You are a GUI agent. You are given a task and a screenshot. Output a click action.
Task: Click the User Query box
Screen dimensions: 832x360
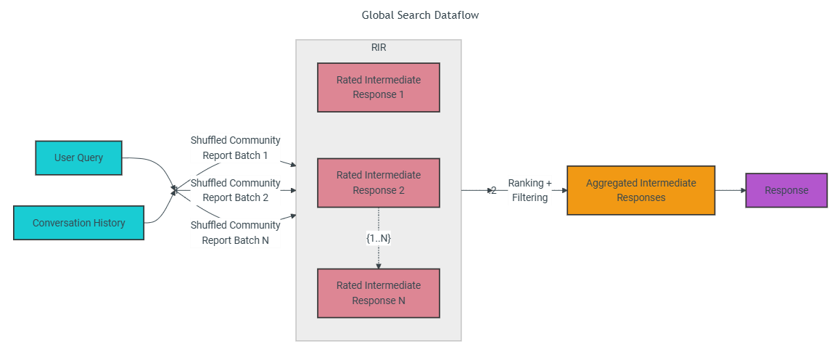[78, 157]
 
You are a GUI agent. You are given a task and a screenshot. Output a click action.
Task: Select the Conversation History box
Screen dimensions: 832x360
[78, 223]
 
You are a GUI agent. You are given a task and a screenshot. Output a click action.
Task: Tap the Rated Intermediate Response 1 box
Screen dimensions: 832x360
[379, 88]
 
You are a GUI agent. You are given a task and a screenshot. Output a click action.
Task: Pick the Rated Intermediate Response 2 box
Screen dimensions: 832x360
[379, 183]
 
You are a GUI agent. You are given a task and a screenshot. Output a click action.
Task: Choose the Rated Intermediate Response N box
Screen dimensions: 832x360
[379, 293]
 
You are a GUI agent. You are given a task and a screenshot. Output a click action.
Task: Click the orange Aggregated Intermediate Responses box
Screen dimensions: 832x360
[641, 190]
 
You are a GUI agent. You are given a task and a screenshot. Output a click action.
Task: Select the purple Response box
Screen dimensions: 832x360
[786, 190]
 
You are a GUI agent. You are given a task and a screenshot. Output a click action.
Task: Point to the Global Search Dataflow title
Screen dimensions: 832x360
[420, 15]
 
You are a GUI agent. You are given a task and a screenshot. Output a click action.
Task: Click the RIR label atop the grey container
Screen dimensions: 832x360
[379, 47]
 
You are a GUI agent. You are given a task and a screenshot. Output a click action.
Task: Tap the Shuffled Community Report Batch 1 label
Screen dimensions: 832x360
[236, 148]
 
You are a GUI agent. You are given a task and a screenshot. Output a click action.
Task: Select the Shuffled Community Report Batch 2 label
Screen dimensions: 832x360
[236, 190]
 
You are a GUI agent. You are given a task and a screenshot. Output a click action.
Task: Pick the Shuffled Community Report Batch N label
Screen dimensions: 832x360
[236, 232]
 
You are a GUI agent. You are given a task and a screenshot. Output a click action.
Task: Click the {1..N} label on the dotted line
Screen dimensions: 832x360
[379, 239]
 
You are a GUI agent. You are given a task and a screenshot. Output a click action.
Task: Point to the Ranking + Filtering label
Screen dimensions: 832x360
[530, 190]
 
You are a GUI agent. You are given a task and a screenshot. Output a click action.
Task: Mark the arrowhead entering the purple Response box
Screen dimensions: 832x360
[743, 190]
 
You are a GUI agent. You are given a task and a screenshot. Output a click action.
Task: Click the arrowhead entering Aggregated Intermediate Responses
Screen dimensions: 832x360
[564, 190]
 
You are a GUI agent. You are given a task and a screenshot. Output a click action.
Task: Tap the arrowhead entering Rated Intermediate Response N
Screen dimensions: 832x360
[379, 266]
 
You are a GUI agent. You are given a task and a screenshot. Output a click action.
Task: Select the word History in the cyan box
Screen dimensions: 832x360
[107, 223]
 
